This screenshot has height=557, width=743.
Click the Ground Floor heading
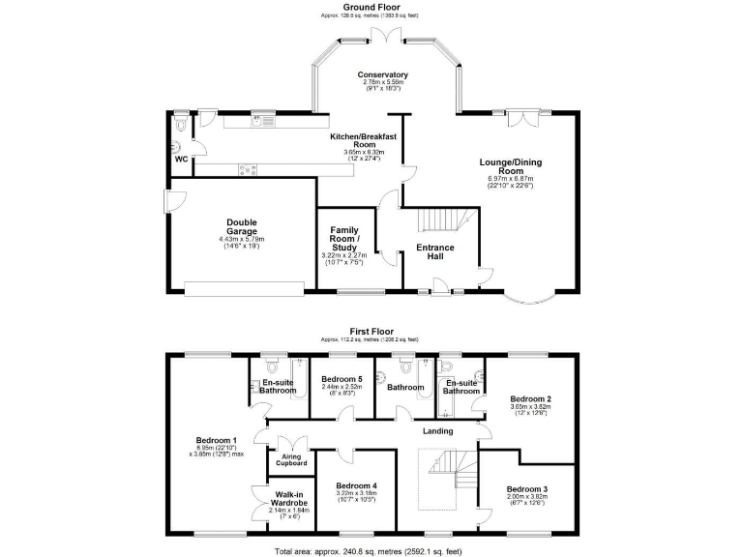click(371, 8)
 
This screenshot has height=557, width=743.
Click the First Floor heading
click(371, 331)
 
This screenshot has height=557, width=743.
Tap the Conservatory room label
click(382, 75)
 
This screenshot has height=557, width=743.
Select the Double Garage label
click(241, 226)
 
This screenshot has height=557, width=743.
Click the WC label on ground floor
click(180, 159)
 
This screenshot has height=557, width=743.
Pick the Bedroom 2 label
click(530, 399)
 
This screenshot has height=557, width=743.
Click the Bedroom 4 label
click(355, 485)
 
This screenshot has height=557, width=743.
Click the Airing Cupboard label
click(292, 459)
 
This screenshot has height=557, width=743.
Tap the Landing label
click(438, 431)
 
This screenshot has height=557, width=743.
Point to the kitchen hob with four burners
click(247, 171)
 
